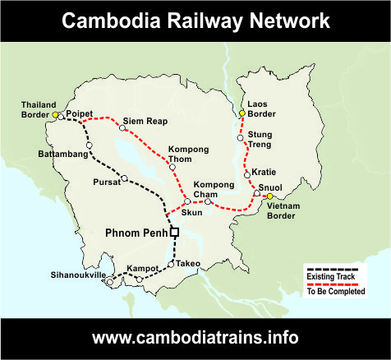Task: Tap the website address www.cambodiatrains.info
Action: [x=195, y=337]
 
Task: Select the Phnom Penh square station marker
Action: [x=174, y=233]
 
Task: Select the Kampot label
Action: [x=141, y=268]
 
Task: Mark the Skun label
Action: [x=191, y=212]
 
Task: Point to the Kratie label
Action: [x=265, y=173]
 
